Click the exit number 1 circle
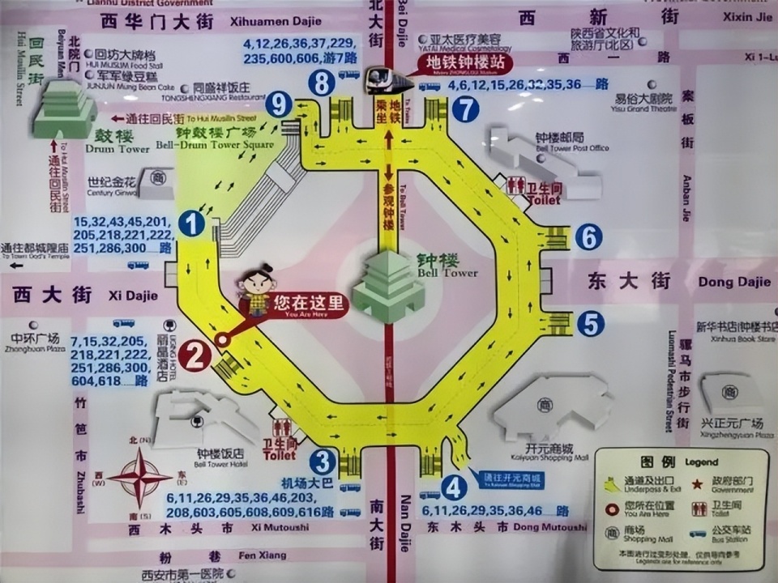[191, 223]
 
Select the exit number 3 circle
[323, 462]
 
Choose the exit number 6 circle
[588, 237]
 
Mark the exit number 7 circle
[465, 109]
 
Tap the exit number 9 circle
[280, 103]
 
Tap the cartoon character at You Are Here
[258, 290]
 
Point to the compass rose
[139, 477]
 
